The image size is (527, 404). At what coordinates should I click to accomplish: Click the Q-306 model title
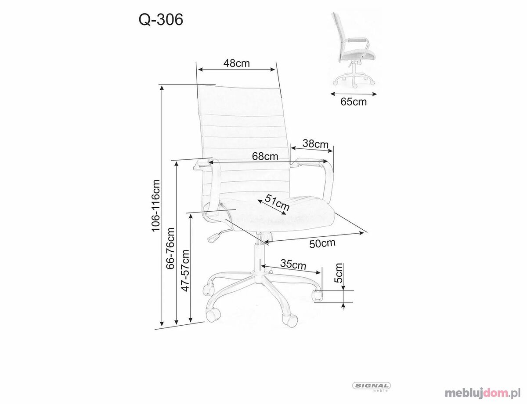pos(161,19)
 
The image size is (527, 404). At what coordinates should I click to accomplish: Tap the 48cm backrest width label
pos(236,63)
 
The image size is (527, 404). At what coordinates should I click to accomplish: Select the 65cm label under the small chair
pos(354,102)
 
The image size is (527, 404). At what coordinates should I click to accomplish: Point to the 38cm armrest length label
pos(315,143)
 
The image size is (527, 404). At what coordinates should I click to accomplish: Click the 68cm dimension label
pos(265,157)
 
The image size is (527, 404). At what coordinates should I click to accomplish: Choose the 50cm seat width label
pos(322,243)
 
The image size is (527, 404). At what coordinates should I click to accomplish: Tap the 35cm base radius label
pos(293,264)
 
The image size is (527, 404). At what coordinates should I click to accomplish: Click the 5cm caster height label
pos(338,272)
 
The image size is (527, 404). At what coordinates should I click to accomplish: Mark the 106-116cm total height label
pos(155,205)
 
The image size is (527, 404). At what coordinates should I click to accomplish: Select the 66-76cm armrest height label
pos(170,248)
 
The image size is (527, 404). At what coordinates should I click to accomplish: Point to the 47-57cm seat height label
pos(185,271)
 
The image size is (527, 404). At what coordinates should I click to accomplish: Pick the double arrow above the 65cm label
pos(354,94)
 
